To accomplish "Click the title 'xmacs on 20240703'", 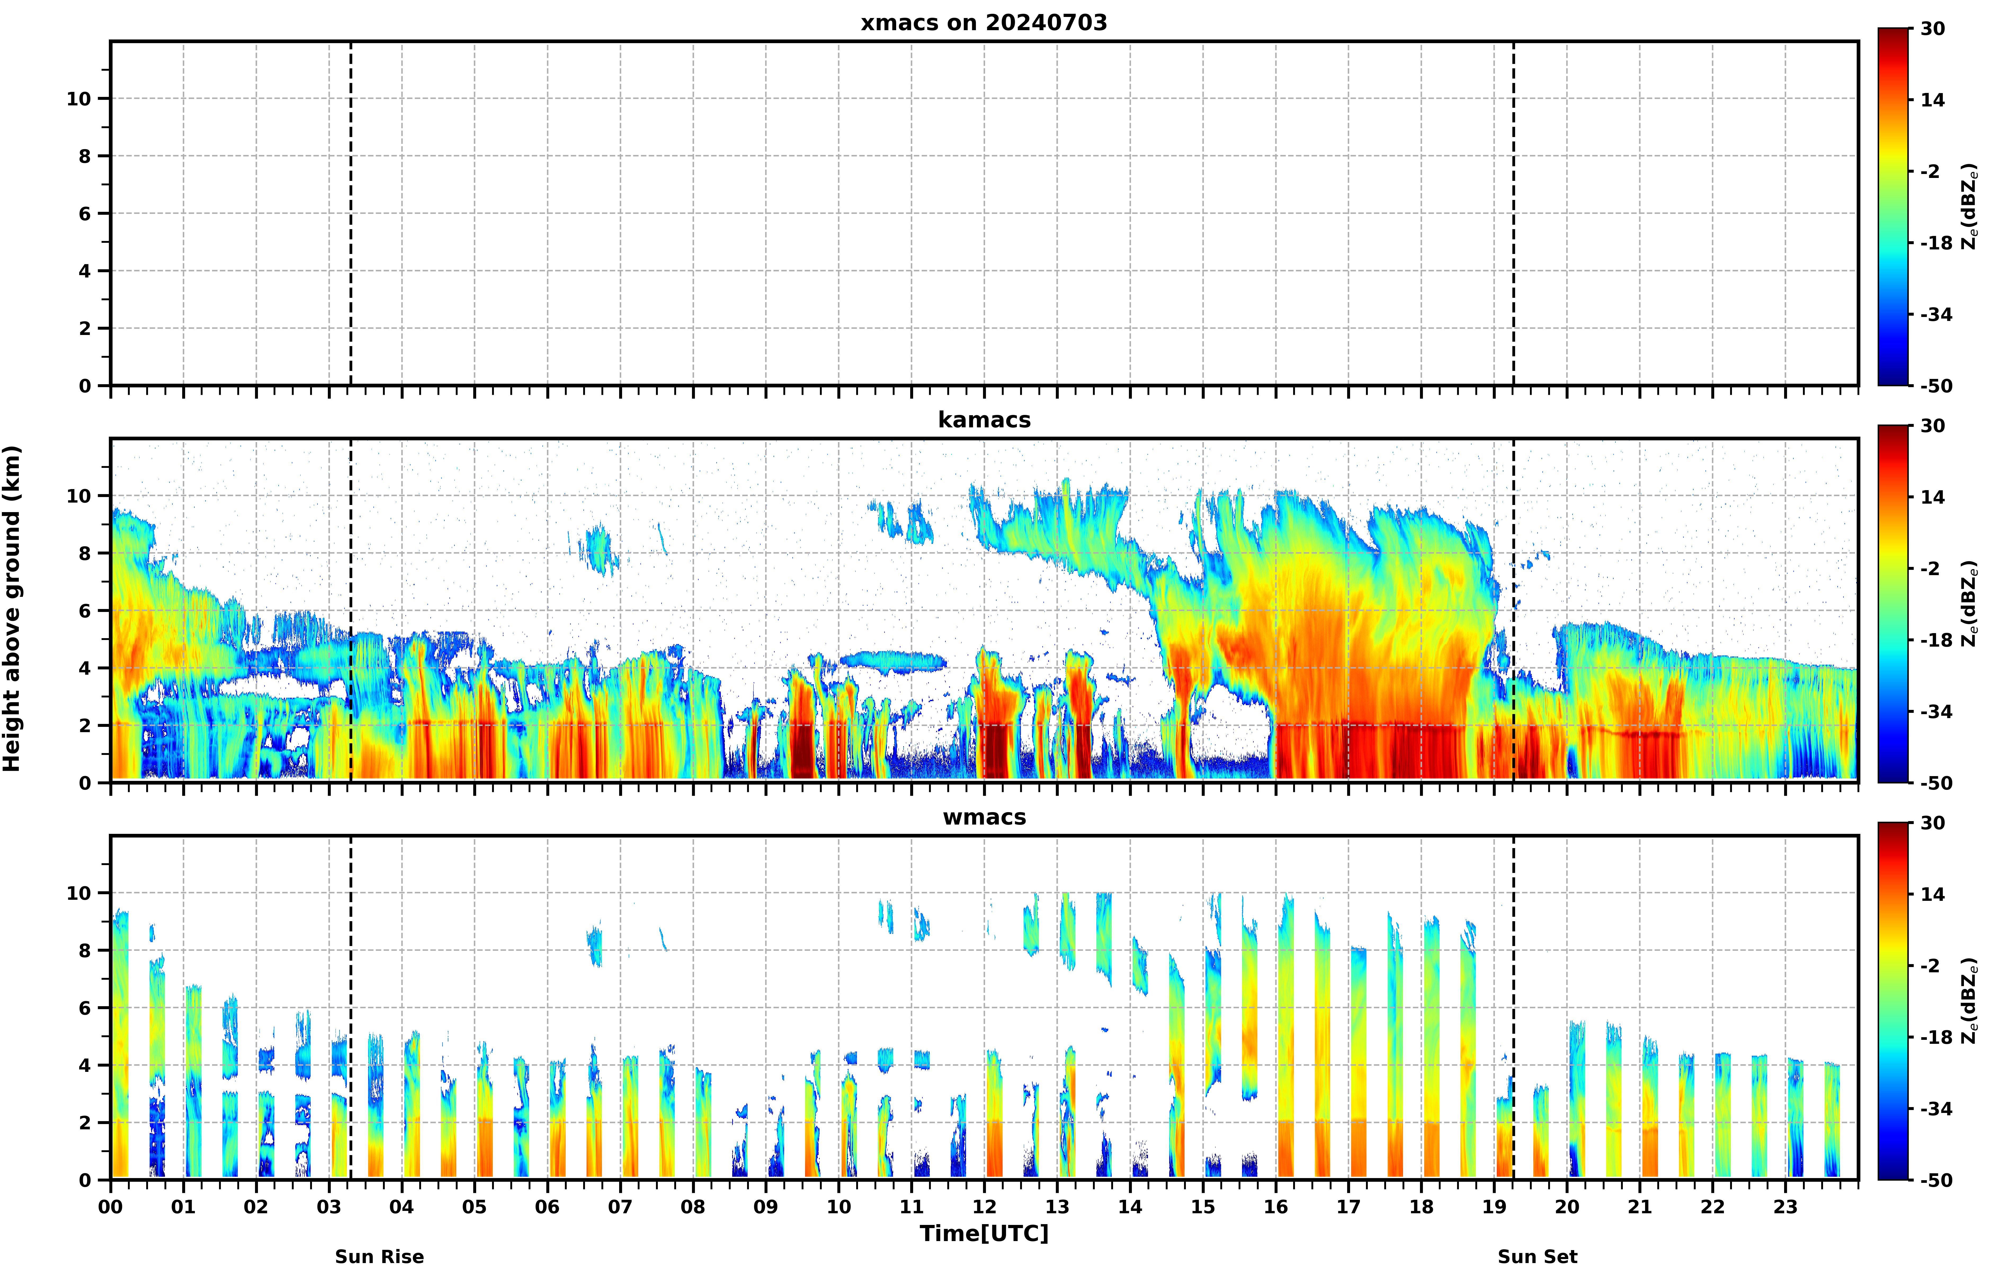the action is (984, 23).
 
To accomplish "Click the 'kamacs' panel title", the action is (984, 420).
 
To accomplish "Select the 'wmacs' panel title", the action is (984, 817).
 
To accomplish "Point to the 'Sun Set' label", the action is (1537, 1257).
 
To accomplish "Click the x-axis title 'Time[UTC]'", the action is (984, 1233).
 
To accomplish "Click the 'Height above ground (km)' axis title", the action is (12, 608).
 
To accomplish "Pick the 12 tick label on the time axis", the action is (984, 1207).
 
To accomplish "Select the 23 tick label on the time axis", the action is (1785, 1207).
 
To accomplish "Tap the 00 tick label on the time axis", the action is (110, 1207).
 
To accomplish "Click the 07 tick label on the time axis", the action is (620, 1207).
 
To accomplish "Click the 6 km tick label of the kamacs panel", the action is (85, 611).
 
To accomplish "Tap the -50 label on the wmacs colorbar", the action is (1936, 1180).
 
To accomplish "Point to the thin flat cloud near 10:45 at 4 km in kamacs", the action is (893, 662).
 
